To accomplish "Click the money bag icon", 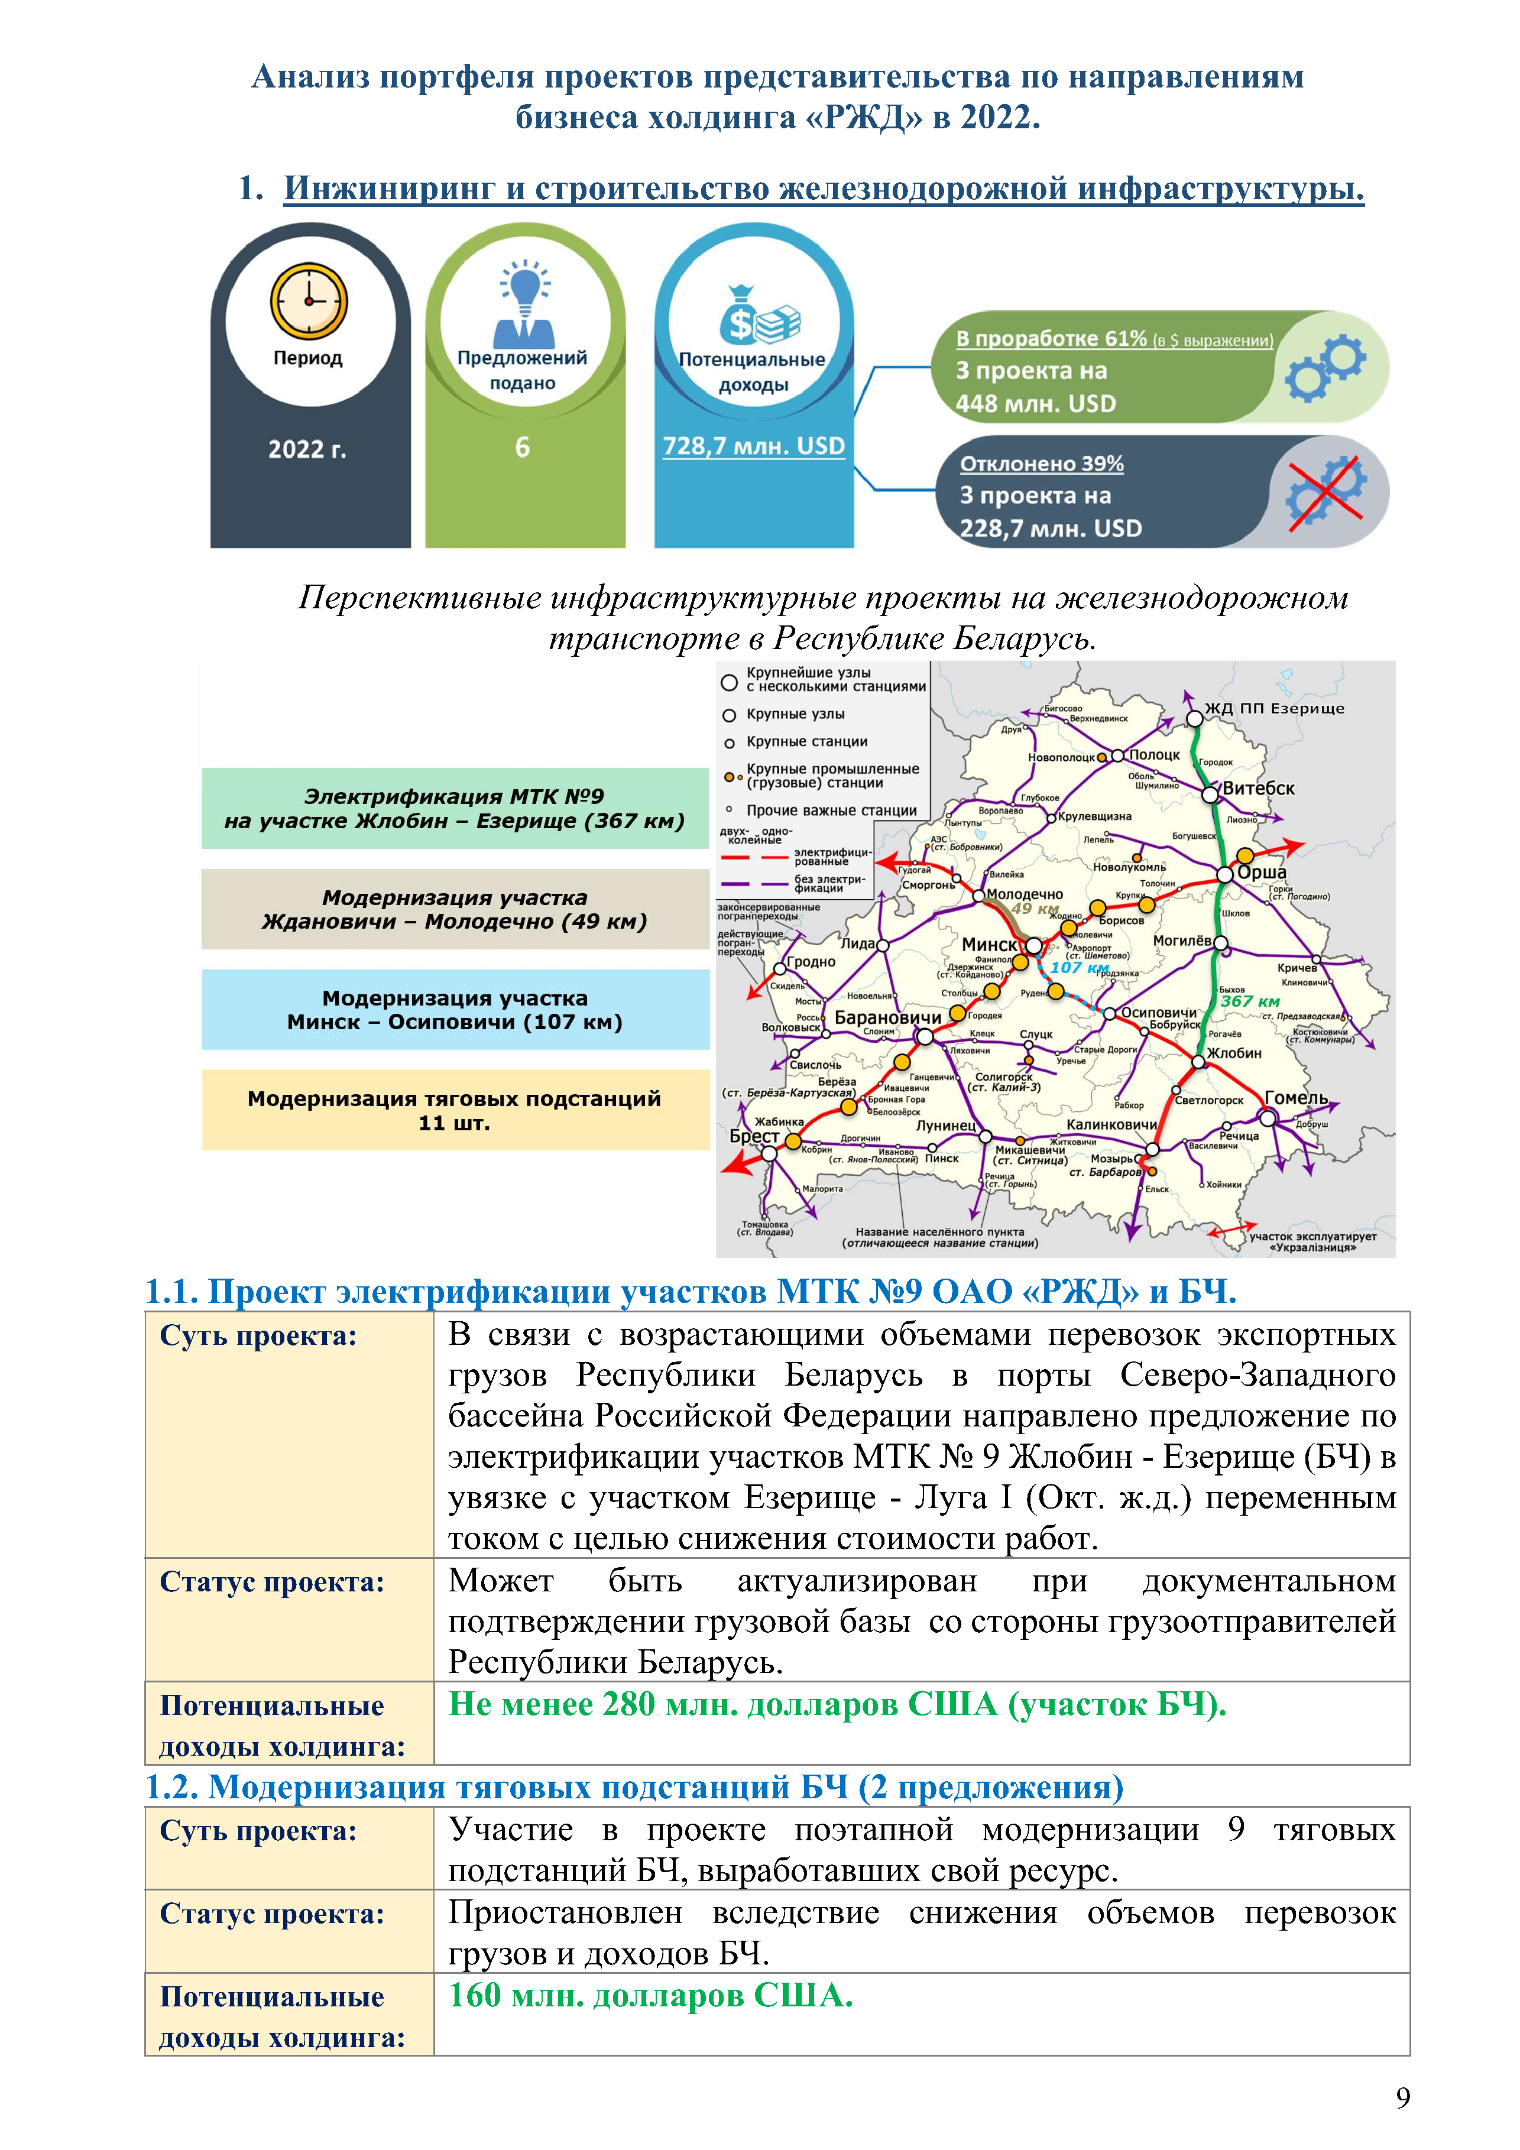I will [759, 316].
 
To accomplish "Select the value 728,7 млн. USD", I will [754, 447].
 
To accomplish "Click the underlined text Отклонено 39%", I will [1042, 463].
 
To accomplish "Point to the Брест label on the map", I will [754, 1136].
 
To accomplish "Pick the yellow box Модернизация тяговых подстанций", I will [455, 1111].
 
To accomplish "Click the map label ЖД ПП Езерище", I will [1273, 709].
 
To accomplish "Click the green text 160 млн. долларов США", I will [651, 1996].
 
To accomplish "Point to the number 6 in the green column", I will [523, 447].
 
